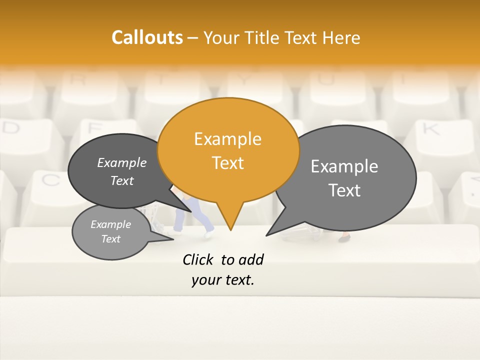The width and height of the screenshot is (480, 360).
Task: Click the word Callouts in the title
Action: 147,37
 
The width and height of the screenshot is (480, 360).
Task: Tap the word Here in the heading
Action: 341,37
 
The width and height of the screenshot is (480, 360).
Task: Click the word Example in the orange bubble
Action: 227,139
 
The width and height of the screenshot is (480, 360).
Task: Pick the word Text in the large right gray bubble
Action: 344,190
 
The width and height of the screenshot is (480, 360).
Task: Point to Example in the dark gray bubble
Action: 122,162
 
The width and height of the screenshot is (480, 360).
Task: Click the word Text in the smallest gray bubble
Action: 111,239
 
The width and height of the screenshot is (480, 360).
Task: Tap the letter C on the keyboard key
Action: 50,179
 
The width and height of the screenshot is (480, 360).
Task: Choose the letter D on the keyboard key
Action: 11,128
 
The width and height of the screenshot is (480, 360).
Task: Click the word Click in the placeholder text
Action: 199,259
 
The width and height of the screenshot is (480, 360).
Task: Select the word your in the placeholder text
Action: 205,280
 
